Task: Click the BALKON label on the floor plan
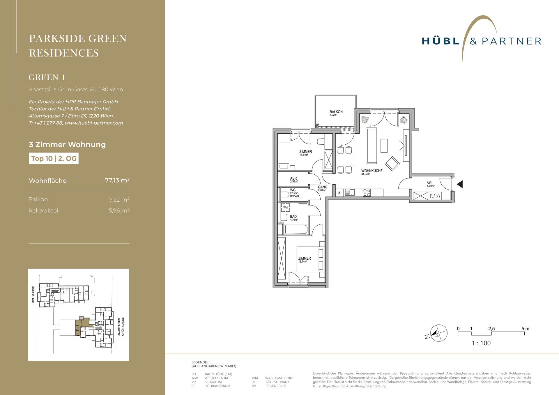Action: tap(336, 112)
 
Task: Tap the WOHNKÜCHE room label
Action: tap(372, 171)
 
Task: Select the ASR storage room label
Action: tap(293, 178)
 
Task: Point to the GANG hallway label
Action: tap(323, 187)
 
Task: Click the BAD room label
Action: tap(293, 217)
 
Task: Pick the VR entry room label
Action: tap(429, 183)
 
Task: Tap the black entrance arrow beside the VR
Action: tap(460, 184)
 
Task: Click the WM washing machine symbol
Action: tap(285, 208)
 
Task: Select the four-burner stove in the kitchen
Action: tap(367, 193)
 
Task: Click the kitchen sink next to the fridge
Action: tap(350, 192)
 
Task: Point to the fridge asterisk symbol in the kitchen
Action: tap(339, 193)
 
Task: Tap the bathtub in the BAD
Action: tap(296, 229)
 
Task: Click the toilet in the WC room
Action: tap(284, 194)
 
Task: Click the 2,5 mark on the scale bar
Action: tap(491, 329)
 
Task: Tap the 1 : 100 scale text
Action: tap(481, 343)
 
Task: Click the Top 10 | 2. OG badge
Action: tap(54, 158)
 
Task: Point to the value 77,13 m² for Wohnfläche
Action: tap(117, 180)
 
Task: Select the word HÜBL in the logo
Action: tap(441, 41)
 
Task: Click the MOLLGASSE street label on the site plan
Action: tap(33, 295)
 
